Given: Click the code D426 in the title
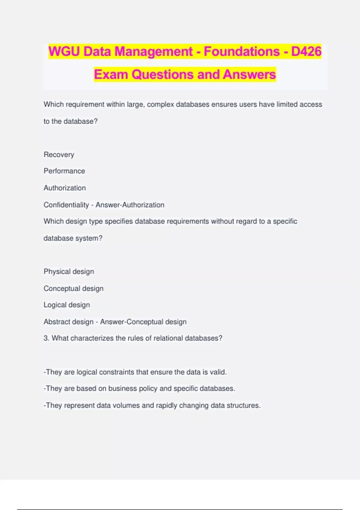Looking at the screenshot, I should pyautogui.click(x=306, y=51).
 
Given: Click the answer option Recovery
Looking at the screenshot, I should pyautogui.click(x=59, y=154).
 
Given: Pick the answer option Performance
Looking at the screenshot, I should pyautogui.click(x=64, y=171).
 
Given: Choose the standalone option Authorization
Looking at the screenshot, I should pyautogui.click(x=64, y=188).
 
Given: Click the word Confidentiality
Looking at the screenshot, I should pyautogui.click(x=66, y=205).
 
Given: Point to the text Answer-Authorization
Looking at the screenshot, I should pyautogui.click(x=130, y=205).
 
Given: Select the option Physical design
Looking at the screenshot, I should pyautogui.click(x=69, y=271).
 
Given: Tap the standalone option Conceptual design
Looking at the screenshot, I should pyautogui.click(x=73, y=288).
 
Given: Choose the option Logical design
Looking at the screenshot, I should pyautogui.click(x=67, y=305).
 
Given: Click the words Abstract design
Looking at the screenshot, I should pyautogui.click(x=68, y=322).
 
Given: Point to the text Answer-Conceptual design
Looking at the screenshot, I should pyautogui.click(x=143, y=322).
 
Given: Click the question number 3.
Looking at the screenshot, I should pyautogui.click(x=46, y=338).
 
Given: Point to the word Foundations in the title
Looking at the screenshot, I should pyautogui.click(x=242, y=51).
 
